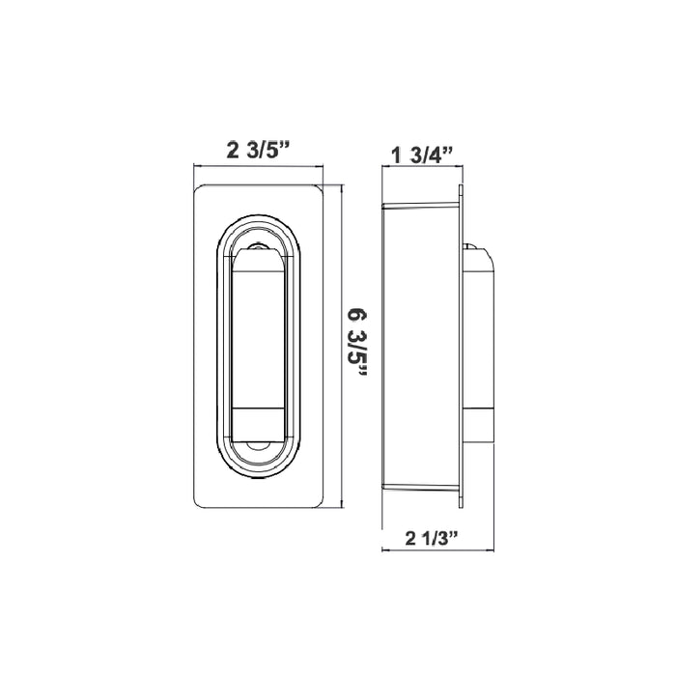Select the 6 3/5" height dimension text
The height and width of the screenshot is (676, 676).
click(x=358, y=345)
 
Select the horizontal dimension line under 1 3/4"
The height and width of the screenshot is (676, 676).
click(x=422, y=167)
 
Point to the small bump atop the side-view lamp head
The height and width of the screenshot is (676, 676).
click(x=474, y=247)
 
